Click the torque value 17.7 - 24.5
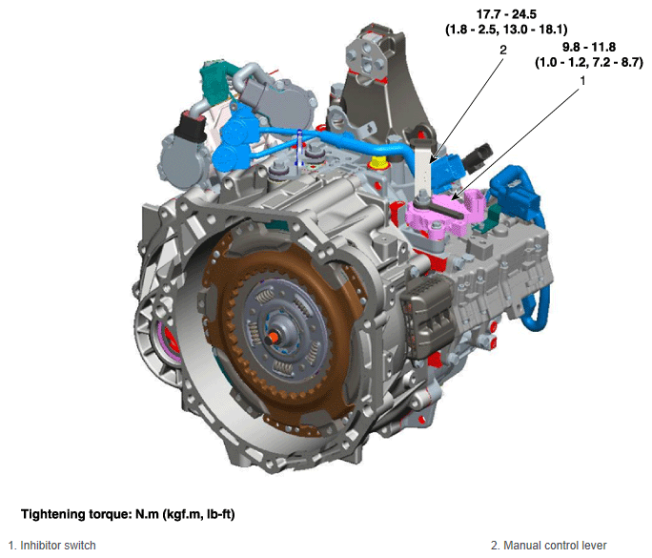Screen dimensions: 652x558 coord(506,14)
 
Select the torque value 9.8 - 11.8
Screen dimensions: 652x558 coord(589,47)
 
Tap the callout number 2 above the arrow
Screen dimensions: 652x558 coord(503,50)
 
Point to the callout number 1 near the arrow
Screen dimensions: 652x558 coord(582,81)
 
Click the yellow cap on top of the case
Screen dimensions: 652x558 coord(379,162)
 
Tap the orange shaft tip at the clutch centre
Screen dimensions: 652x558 coord(274,336)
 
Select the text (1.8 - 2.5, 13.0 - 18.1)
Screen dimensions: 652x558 coord(506,30)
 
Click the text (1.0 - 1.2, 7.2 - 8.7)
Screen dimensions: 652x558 coord(589,62)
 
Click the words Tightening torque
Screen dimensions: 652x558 coord(76,514)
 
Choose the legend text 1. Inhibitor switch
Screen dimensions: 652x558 coord(52,545)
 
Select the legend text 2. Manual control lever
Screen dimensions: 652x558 coord(548,545)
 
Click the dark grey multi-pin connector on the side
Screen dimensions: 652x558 coord(426,317)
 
